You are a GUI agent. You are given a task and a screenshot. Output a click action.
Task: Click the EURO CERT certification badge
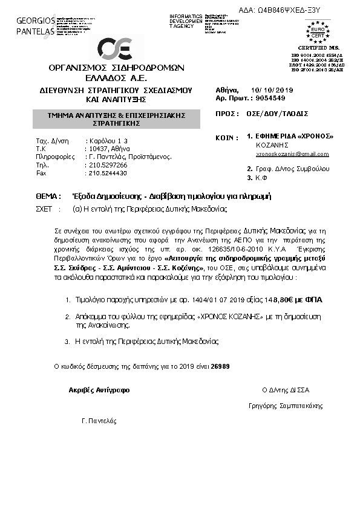(x=315, y=31)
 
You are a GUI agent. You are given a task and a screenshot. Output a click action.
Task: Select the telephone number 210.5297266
(x=107, y=164)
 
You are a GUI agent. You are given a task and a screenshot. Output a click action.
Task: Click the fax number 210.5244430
(x=107, y=173)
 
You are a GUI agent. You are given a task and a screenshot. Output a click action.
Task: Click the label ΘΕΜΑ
(x=48, y=196)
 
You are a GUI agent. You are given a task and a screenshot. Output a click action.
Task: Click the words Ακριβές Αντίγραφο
(x=99, y=390)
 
